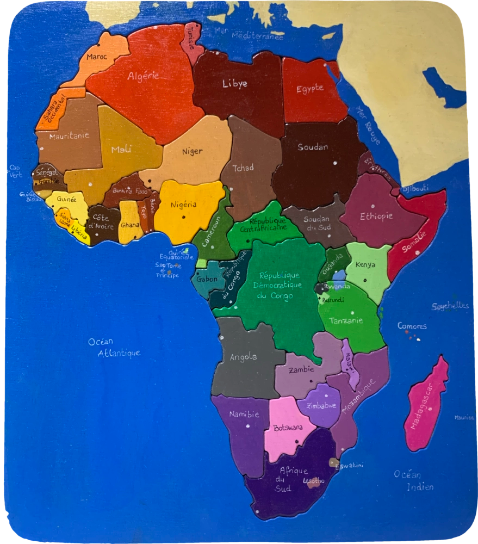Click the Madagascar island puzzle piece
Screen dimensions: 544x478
pyautogui.click(x=426, y=405)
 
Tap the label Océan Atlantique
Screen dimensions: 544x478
pyautogui.click(x=114, y=348)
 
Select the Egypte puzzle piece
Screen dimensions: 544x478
pyautogui.click(x=313, y=92)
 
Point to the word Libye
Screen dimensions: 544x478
pyautogui.click(x=234, y=84)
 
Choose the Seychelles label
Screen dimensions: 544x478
pyautogui.click(x=450, y=306)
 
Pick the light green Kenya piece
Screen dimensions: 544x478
pyautogui.click(x=367, y=269)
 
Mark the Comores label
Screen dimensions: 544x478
pyautogui.click(x=412, y=326)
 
